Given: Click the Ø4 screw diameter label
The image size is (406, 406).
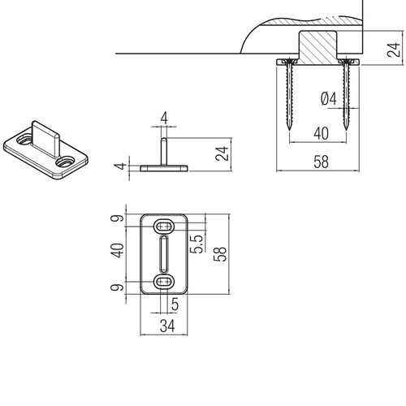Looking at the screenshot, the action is [x=329, y=98].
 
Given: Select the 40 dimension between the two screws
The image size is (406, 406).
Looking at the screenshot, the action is [x=322, y=133].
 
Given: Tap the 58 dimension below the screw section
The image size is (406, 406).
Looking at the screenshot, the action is [x=322, y=162].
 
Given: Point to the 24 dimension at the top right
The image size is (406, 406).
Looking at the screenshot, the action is [x=393, y=50].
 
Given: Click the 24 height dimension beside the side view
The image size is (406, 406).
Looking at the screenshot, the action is [x=222, y=153].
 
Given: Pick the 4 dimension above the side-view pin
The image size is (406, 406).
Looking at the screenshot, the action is [x=164, y=118].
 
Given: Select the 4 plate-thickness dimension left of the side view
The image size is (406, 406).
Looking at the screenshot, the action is [x=120, y=166].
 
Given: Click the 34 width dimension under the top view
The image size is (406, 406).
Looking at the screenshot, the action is [x=167, y=326].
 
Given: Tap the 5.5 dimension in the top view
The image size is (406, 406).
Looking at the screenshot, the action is [x=197, y=244].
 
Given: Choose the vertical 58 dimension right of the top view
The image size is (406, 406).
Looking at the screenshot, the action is [x=220, y=254].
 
